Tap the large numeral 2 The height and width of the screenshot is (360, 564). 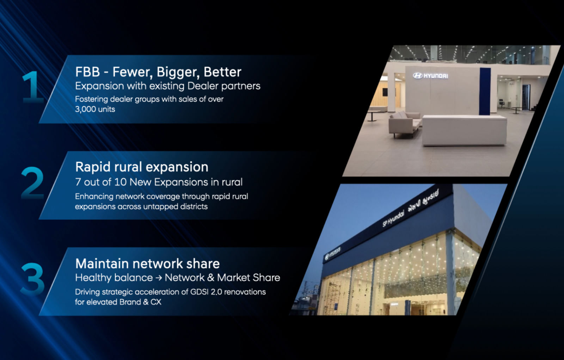(32, 183)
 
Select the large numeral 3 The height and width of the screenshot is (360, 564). (32, 279)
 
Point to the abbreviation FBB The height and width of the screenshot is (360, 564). (87, 72)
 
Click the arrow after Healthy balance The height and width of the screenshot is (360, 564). (159, 278)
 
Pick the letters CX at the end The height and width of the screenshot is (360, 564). (156, 302)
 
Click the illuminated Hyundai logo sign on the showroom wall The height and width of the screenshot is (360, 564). (430, 76)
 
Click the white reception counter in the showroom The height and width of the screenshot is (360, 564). (464, 130)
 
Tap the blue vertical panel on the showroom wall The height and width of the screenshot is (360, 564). (485, 92)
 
